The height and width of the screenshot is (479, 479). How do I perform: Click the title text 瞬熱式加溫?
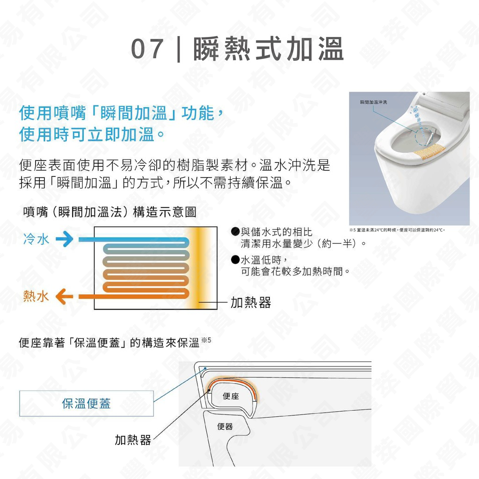(x=269, y=50)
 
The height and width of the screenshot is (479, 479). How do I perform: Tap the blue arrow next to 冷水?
(x=65, y=240)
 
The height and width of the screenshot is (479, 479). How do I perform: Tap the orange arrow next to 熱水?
(x=65, y=297)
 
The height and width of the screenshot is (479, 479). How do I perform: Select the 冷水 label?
(x=36, y=240)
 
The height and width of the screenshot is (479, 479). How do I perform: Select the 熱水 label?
(x=36, y=297)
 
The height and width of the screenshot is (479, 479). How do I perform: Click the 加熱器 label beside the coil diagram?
(x=251, y=303)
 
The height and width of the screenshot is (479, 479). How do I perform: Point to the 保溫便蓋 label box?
(x=87, y=403)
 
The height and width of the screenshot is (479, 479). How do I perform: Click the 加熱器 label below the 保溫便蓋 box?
(x=133, y=440)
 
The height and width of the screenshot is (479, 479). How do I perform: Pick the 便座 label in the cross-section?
(x=231, y=397)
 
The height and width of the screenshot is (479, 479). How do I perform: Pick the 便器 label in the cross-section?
(x=225, y=427)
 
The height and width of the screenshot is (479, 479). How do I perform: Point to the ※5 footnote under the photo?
(x=398, y=230)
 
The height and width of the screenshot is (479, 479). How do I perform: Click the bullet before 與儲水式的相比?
(x=236, y=232)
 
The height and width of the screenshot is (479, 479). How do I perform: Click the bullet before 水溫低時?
(x=236, y=260)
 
